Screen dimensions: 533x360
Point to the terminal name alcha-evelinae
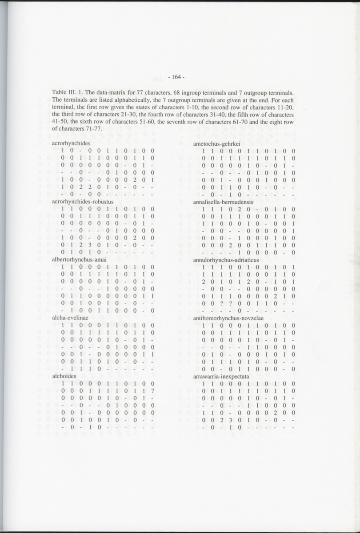68,318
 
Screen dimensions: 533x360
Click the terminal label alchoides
63,376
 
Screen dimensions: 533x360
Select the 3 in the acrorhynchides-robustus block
90,243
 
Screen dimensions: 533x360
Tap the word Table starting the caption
60,92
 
